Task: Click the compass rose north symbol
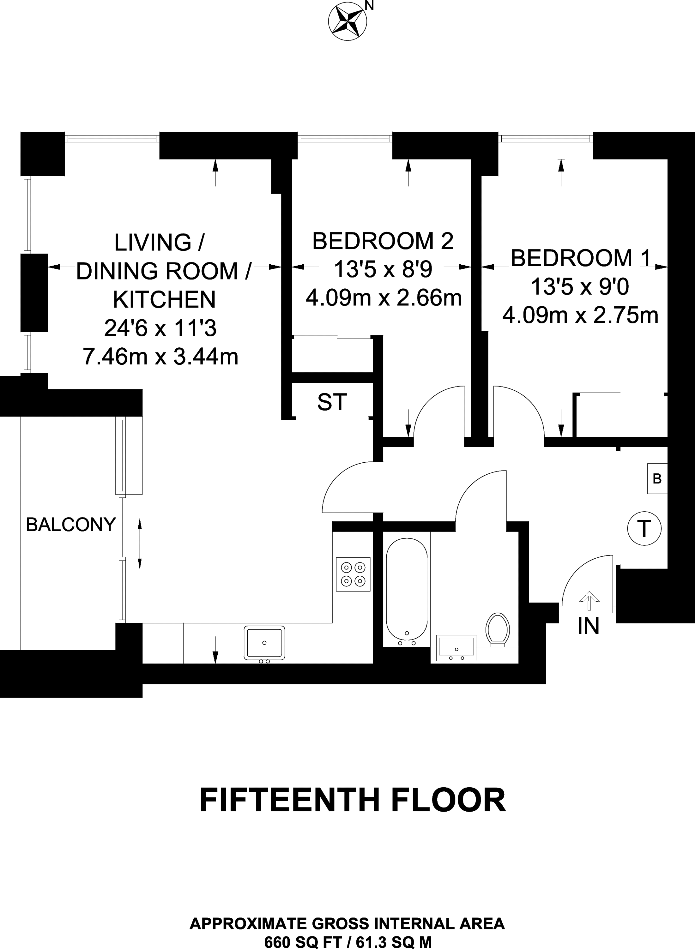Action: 347,21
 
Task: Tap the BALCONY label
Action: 71,525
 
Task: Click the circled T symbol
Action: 644,529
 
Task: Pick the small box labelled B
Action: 657,478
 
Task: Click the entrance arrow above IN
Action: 589,600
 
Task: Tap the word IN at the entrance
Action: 589,626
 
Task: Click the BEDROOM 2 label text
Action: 383,241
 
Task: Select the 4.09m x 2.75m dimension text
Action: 581,315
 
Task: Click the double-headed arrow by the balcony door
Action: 140,544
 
